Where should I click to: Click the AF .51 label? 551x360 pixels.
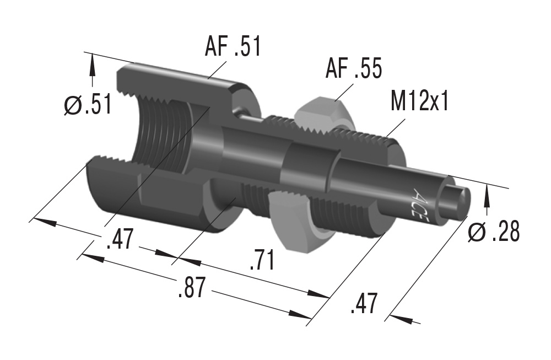click(x=233, y=46)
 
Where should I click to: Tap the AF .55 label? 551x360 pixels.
click(x=353, y=70)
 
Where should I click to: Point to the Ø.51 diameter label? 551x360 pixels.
click(x=87, y=104)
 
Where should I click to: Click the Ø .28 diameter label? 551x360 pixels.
click(x=493, y=233)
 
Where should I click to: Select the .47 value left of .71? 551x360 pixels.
click(x=119, y=240)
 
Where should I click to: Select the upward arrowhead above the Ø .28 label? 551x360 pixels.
click(x=487, y=196)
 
